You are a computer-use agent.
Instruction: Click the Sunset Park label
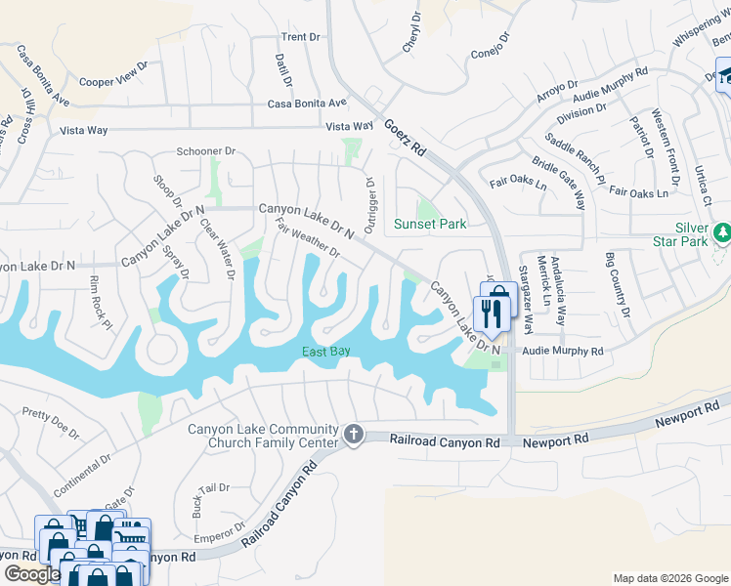[x=429, y=224]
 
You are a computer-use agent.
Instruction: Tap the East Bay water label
[x=326, y=352]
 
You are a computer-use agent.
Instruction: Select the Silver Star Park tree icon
[x=722, y=231]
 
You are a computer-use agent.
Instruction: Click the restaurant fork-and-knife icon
[x=491, y=314]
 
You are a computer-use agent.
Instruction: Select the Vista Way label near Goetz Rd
[x=350, y=126]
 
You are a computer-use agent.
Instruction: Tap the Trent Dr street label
[x=301, y=37]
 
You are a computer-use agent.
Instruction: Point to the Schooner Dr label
[x=207, y=151]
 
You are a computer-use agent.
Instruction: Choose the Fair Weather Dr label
[x=307, y=237]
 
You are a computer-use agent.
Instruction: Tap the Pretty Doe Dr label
[x=51, y=423]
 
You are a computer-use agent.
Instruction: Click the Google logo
[x=31, y=574]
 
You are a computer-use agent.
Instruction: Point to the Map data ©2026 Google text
[x=669, y=578]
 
